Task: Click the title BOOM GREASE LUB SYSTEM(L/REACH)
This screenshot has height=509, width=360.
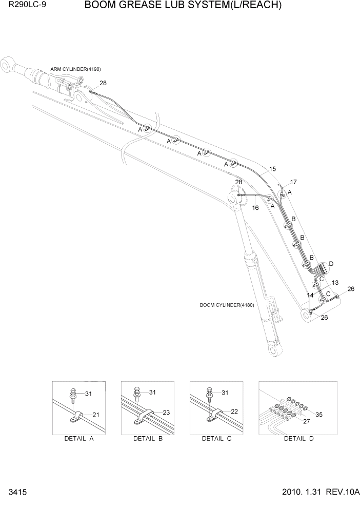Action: [183, 6]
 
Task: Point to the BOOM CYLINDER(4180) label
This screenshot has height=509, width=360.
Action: [227, 305]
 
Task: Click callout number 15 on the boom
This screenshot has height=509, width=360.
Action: [272, 169]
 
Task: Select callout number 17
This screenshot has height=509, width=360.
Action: [293, 182]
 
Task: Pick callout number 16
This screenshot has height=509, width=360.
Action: [255, 208]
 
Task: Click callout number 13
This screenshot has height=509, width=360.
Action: [335, 283]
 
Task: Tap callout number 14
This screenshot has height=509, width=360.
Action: [310, 295]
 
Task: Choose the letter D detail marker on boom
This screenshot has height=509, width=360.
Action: [331, 264]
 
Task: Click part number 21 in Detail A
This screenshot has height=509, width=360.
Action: [96, 415]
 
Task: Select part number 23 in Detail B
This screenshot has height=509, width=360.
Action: [166, 412]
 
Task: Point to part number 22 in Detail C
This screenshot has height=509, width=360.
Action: [234, 412]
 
